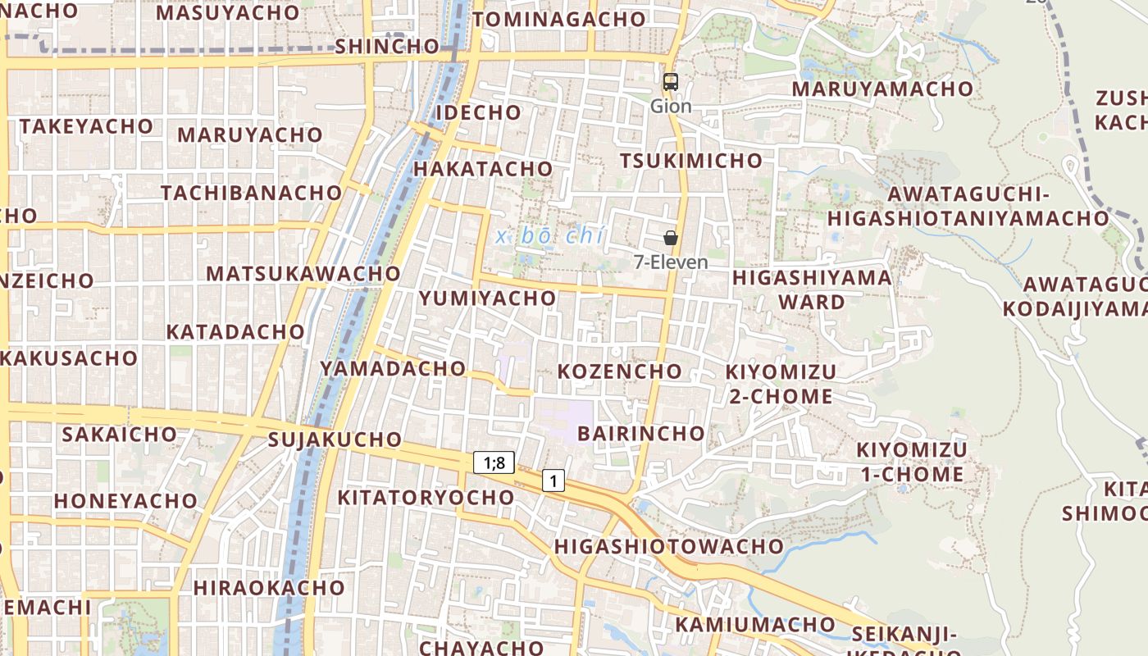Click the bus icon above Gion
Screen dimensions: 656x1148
tap(671, 82)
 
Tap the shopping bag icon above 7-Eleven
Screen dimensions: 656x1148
tap(671, 239)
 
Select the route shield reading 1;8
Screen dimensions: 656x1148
tap(494, 462)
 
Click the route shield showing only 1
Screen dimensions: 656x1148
tap(553, 481)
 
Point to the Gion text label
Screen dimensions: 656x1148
tap(671, 107)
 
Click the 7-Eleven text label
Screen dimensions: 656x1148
tap(671, 262)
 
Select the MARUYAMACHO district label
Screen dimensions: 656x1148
tap(882, 89)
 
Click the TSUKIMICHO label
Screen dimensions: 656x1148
tap(691, 161)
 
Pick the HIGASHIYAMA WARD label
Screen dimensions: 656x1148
tap(812, 289)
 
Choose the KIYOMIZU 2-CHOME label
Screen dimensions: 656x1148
tap(781, 384)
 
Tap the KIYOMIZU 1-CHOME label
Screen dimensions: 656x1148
tap(911, 462)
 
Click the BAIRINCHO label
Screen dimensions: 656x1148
tap(641, 433)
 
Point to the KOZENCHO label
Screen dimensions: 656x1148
tap(620, 371)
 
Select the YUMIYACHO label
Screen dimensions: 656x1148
tap(488, 298)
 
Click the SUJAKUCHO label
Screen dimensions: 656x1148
tap(335, 440)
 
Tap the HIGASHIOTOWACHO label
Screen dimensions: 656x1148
tap(669, 546)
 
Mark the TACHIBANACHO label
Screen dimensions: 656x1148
tap(251, 193)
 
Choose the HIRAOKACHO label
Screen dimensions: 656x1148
tap(269, 588)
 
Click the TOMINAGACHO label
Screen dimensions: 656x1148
tap(559, 20)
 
